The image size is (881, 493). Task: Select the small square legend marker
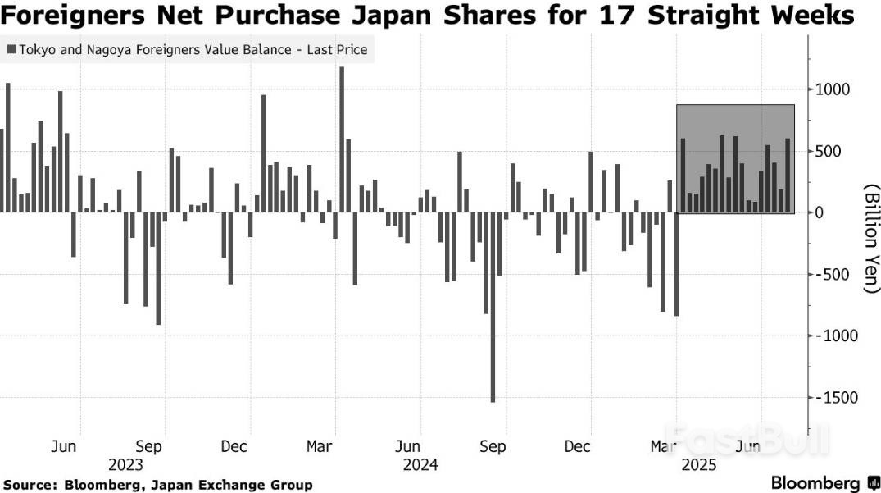click(x=11, y=51)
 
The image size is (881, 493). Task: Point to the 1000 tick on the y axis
click(x=833, y=89)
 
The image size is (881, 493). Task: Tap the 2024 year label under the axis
click(x=421, y=465)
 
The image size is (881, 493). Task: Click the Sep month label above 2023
click(x=148, y=447)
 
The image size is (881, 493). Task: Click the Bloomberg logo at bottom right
click(x=815, y=482)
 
